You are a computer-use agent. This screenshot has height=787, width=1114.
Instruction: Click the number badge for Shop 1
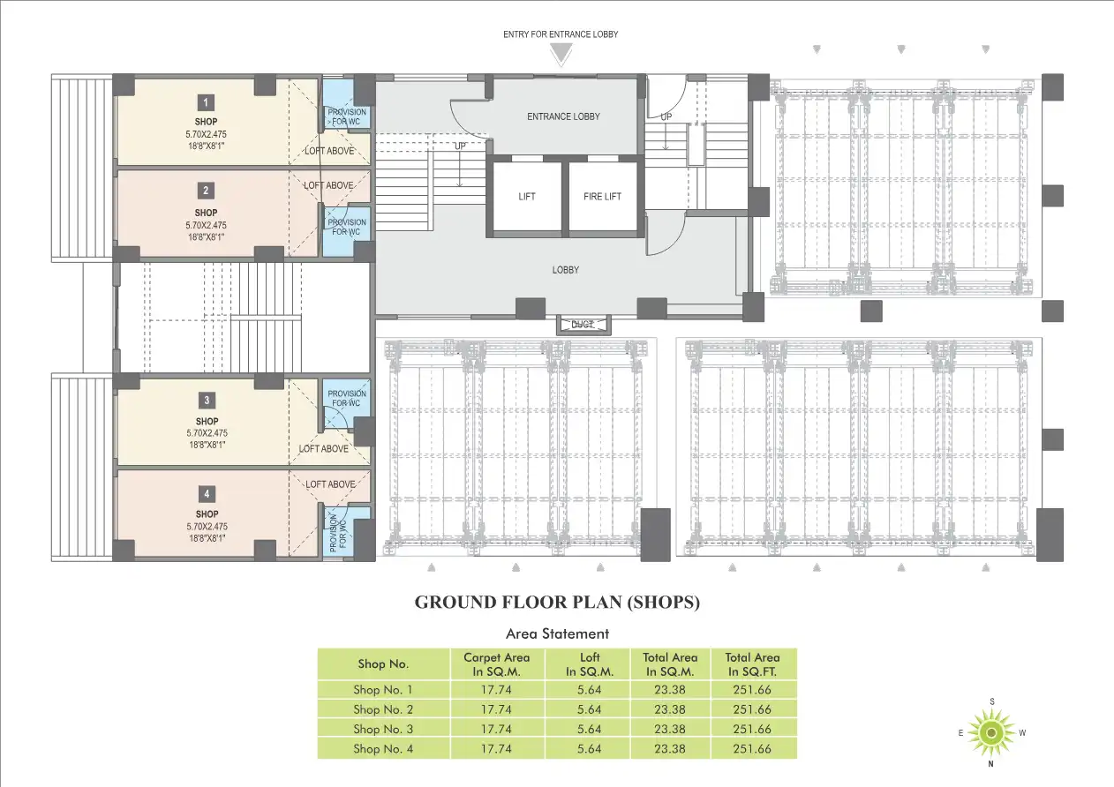point(206,101)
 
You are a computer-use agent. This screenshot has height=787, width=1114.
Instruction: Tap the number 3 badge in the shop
point(206,401)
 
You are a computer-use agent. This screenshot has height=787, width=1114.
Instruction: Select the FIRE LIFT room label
point(603,197)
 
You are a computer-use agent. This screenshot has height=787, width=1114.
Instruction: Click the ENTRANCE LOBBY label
point(563,116)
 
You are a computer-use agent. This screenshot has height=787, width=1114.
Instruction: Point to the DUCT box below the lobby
point(582,325)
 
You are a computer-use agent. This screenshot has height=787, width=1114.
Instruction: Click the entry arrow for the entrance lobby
point(560,55)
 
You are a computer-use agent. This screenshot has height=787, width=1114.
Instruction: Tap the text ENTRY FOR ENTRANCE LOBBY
point(560,34)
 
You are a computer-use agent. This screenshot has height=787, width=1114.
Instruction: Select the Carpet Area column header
point(496,664)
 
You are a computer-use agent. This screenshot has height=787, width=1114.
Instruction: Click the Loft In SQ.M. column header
point(589,664)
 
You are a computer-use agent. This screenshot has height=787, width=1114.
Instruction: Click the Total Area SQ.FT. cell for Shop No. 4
point(752,749)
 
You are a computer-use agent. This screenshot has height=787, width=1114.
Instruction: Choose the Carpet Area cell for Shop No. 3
point(496,730)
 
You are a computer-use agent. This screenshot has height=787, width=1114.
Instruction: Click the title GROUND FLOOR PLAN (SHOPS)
point(557,603)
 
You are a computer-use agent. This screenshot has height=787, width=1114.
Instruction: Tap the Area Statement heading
point(557,633)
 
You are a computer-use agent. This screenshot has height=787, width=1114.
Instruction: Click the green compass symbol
point(991,732)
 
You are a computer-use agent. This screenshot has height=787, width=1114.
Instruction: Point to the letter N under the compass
point(991,764)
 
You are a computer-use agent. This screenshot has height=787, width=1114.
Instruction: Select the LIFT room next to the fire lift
point(527,197)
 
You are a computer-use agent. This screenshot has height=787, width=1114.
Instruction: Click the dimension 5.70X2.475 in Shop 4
point(207,526)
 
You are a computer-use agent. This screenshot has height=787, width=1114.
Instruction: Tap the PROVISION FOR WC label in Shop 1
point(347,116)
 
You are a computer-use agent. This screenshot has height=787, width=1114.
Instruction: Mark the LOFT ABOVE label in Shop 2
point(328,185)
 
